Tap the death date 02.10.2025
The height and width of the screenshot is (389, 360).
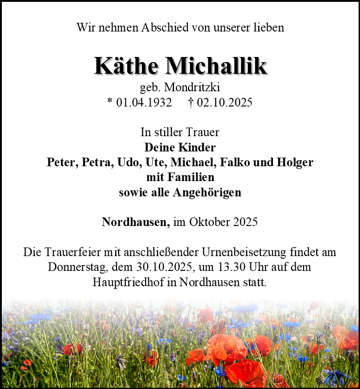click(x=224, y=102)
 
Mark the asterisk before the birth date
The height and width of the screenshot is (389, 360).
click(x=110, y=102)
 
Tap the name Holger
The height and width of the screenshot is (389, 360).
click(x=295, y=163)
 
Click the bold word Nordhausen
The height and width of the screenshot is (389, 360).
click(x=136, y=222)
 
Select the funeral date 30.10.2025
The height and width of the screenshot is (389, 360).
click(x=168, y=267)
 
